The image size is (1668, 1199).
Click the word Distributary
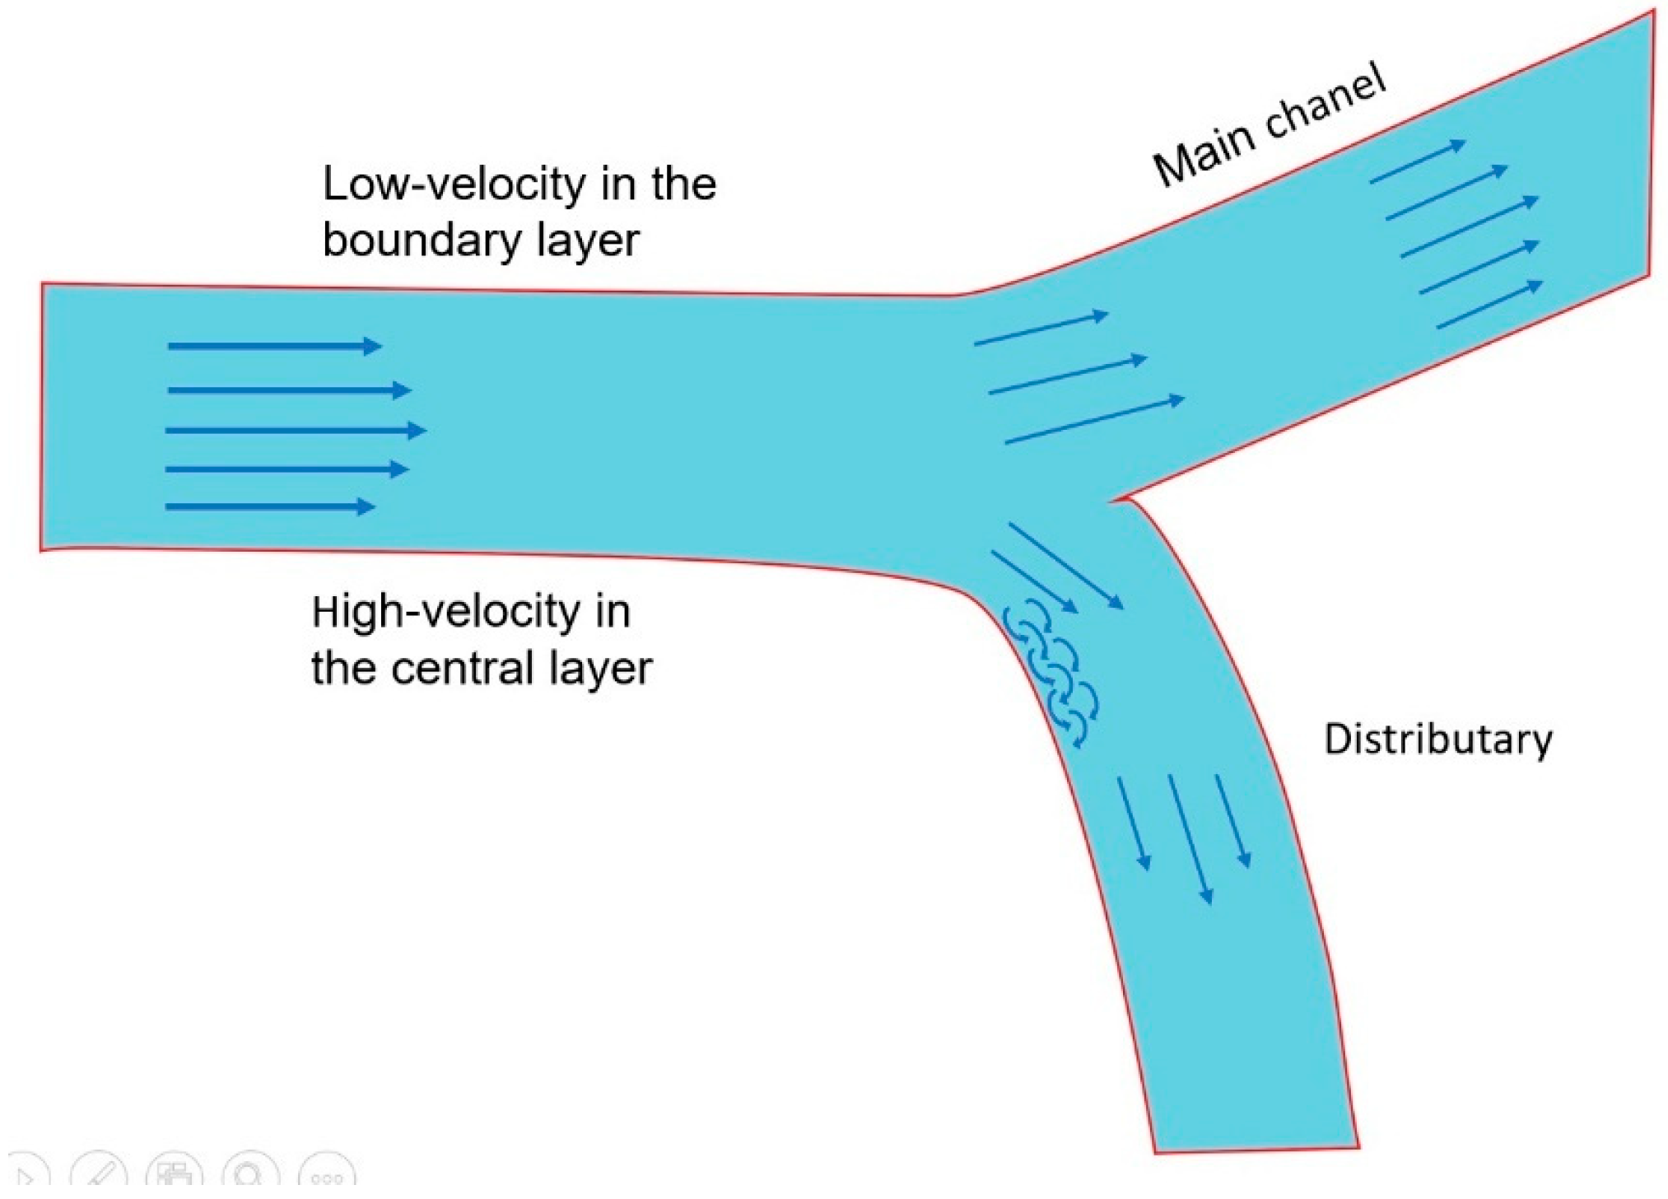pyautogui.click(x=1437, y=739)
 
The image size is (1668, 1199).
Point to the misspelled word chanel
pyautogui.click(x=1326, y=106)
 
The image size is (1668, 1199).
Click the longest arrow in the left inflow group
pyautogui.click(x=296, y=430)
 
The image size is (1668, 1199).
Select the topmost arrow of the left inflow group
pyautogui.click(x=274, y=346)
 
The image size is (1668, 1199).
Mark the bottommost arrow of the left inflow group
pyautogui.click(x=270, y=506)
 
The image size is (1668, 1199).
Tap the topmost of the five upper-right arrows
pyautogui.click(x=1418, y=162)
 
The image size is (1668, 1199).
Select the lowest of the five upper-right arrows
pyautogui.click(x=1489, y=305)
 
